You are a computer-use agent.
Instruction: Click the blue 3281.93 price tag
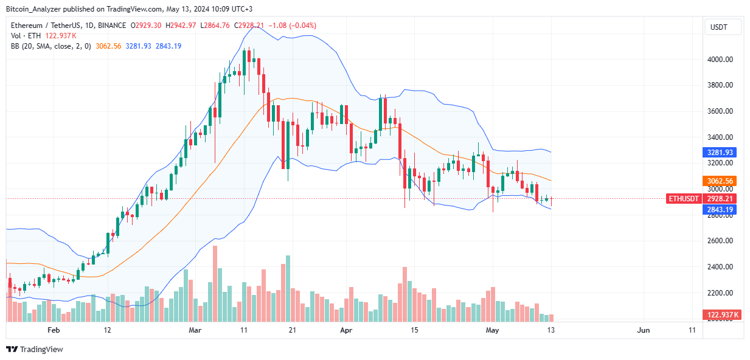pos(720,152)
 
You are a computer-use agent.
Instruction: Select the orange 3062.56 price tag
pos(720,181)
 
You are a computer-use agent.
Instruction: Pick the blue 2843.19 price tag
pos(720,209)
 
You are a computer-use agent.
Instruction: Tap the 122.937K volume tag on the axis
pos(720,314)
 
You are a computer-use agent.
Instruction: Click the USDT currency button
pos(723,27)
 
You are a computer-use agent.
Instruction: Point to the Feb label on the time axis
pos(54,330)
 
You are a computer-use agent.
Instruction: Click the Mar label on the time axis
pos(195,330)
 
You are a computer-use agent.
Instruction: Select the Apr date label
pos(346,330)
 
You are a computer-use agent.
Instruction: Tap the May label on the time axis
pos(493,330)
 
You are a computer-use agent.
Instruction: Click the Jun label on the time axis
pos(644,330)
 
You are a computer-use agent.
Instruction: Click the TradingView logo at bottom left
pos(35,349)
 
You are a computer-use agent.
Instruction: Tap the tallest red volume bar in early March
pos(215,283)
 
